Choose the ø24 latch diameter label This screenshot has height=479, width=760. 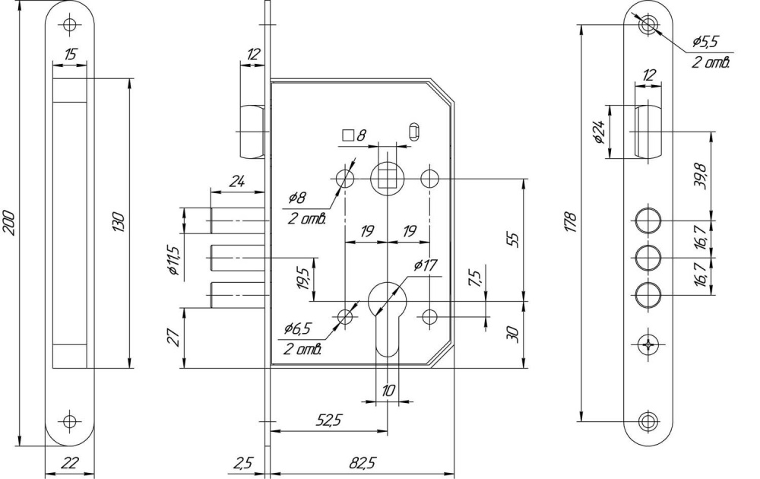(599, 132)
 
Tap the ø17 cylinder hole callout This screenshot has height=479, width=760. (424, 265)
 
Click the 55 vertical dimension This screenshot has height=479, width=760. (514, 239)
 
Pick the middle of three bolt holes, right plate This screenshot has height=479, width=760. (648, 258)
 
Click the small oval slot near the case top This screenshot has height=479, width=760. (414, 130)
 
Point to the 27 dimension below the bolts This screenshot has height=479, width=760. (173, 336)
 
